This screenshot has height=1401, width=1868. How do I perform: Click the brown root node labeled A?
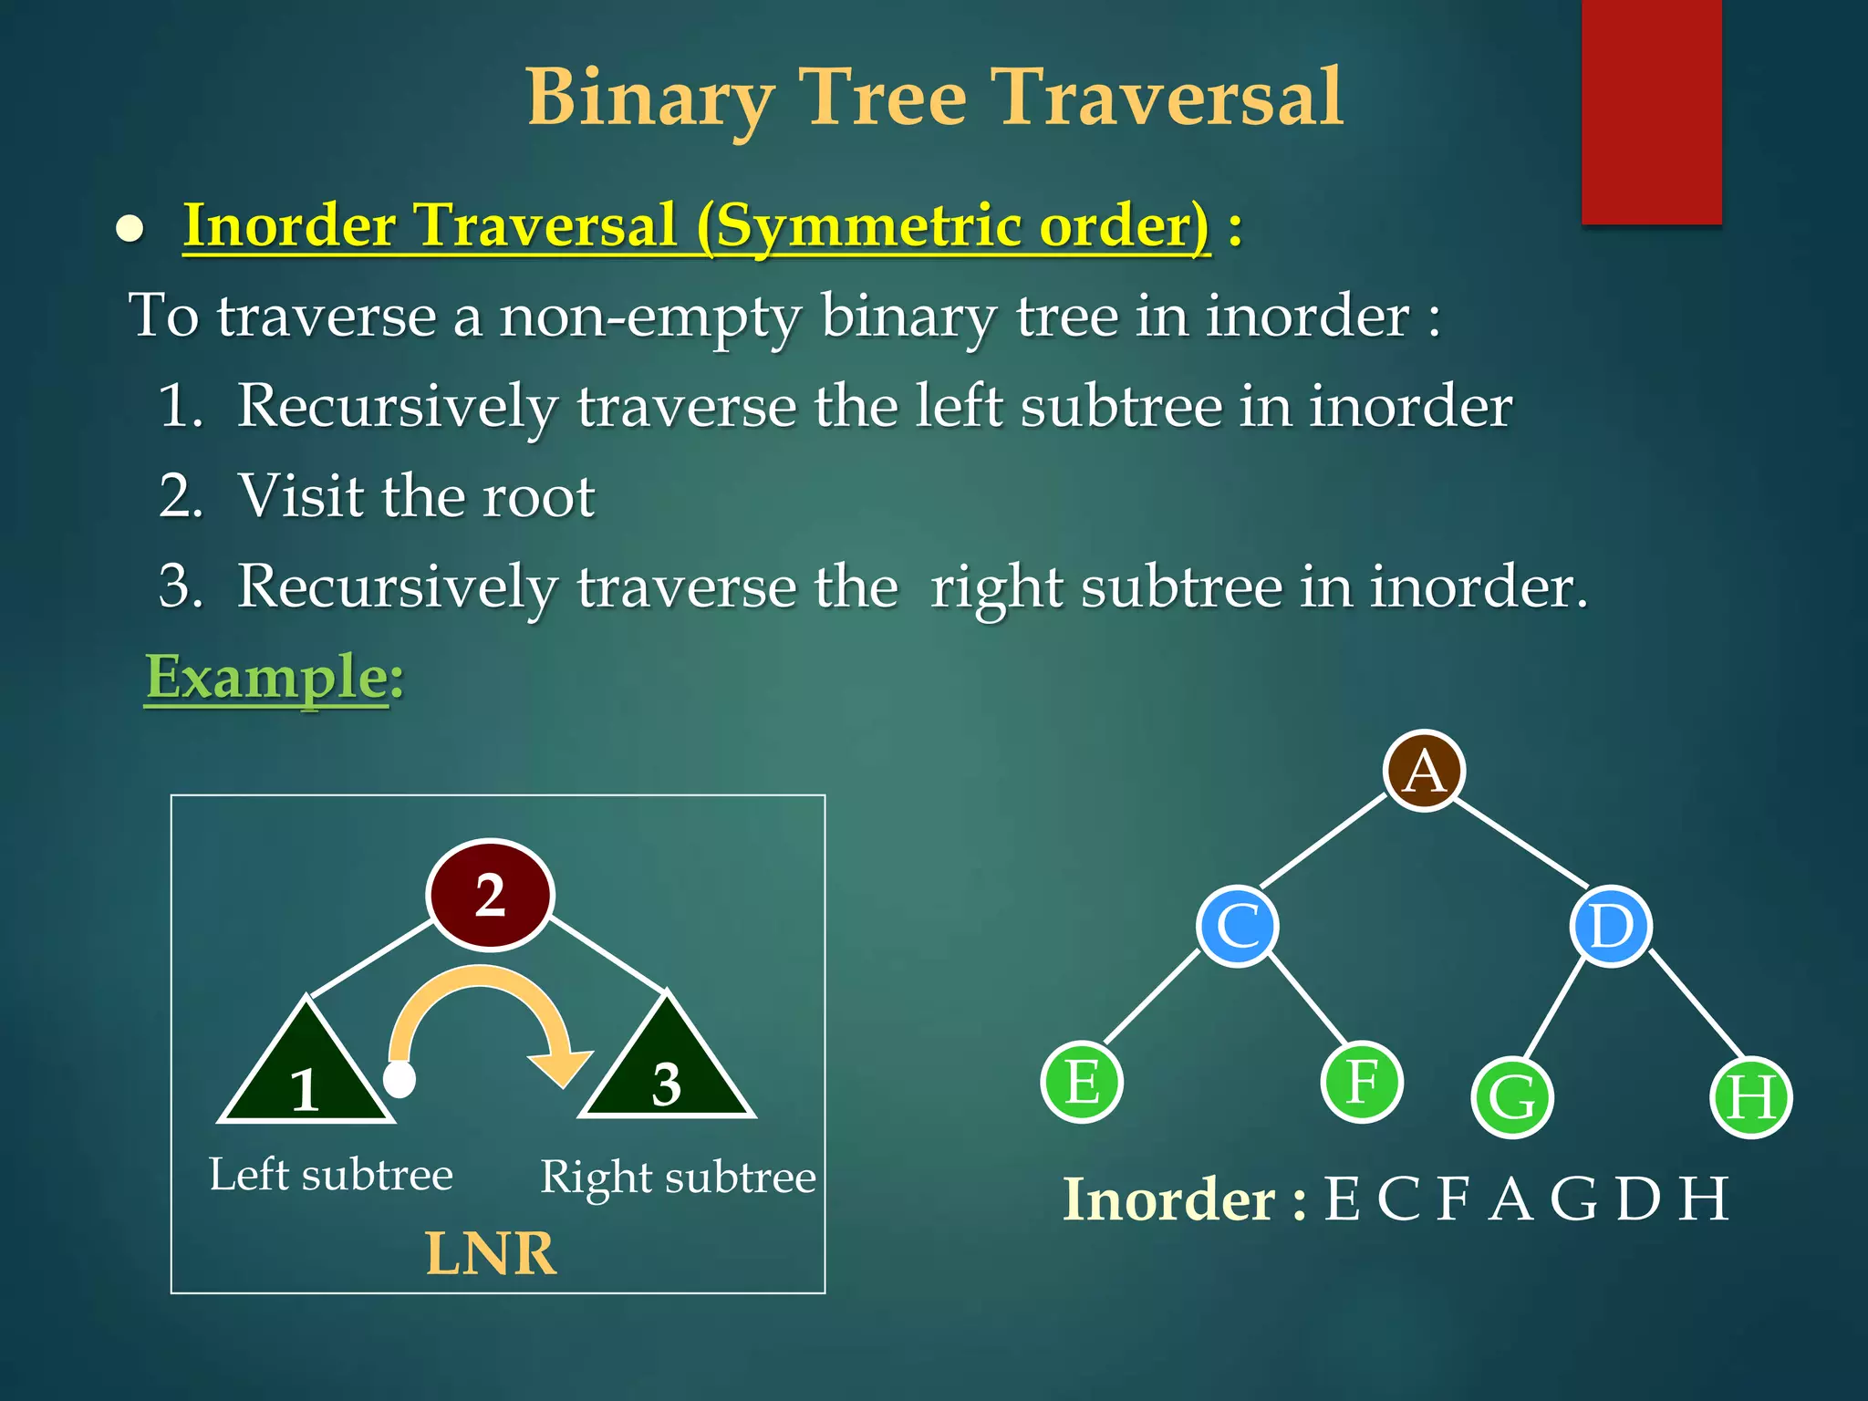click(x=1424, y=771)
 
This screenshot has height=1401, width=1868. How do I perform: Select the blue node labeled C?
click(x=1238, y=926)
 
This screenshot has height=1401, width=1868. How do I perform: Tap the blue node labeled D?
click(x=1611, y=926)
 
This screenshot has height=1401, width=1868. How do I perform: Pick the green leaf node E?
click(x=1082, y=1082)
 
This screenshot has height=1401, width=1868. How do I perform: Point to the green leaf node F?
click(x=1362, y=1082)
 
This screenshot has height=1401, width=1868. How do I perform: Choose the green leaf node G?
click(x=1511, y=1097)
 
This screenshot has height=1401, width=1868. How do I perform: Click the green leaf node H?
click(x=1750, y=1097)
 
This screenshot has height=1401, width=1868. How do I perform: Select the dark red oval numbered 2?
click(x=491, y=895)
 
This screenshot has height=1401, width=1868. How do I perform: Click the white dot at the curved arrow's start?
click(x=400, y=1079)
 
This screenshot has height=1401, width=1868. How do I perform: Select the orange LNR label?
click(x=491, y=1254)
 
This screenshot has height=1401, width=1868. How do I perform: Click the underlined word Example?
click(x=267, y=678)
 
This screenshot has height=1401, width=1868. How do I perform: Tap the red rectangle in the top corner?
click(x=1651, y=111)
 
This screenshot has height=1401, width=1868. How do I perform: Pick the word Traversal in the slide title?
click(x=1167, y=97)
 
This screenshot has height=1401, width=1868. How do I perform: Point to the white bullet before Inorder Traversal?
click(x=130, y=229)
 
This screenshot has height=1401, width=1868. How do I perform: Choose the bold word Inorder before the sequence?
click(x=1168, y=1199)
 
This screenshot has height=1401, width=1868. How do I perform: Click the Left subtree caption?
click(x=331, y=1175)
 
